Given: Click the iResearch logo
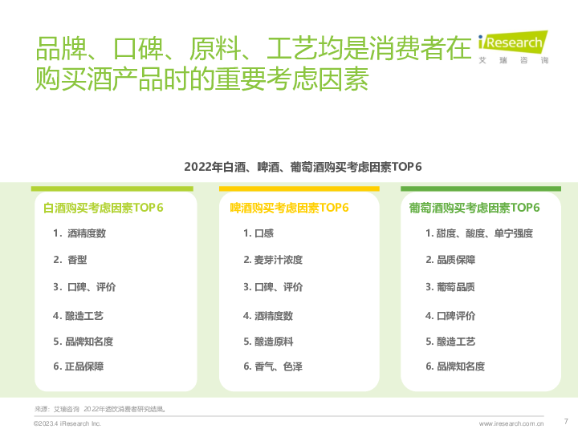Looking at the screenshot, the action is (x=513, y=47).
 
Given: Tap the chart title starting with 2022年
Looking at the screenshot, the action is (x=303, y=167).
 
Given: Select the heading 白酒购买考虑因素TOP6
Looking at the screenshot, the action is (x=104, y=208).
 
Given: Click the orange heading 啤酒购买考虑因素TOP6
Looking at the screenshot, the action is (x=289, y=208).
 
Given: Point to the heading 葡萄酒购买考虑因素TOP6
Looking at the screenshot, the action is (x=474, y=208).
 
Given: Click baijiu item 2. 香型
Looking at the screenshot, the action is (x=70, y=260).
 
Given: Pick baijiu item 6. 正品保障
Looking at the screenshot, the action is (x=79, y=366).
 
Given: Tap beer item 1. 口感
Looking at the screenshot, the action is (x=258, y=233).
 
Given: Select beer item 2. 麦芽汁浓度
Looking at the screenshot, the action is (x=273, y=260).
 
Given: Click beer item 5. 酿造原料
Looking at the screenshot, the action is (x=268, y=342).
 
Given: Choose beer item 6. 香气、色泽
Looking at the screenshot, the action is (x=273, y=366).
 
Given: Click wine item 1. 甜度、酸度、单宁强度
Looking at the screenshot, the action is (x=479, y=233).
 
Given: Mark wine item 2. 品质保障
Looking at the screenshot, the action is (x=450, y=260).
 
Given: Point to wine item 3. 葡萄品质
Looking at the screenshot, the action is (x=450, y=287).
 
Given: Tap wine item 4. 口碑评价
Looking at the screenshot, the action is (x=450, y=316).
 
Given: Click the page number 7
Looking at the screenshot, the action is (x=566, y=421).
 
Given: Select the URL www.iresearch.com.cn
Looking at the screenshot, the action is (x=511, y=423).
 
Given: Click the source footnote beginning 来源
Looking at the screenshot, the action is (x=100, y=409).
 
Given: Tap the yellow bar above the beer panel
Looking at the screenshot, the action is (x=299, y=189).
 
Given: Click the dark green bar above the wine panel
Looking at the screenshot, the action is (x=481, y=189).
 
